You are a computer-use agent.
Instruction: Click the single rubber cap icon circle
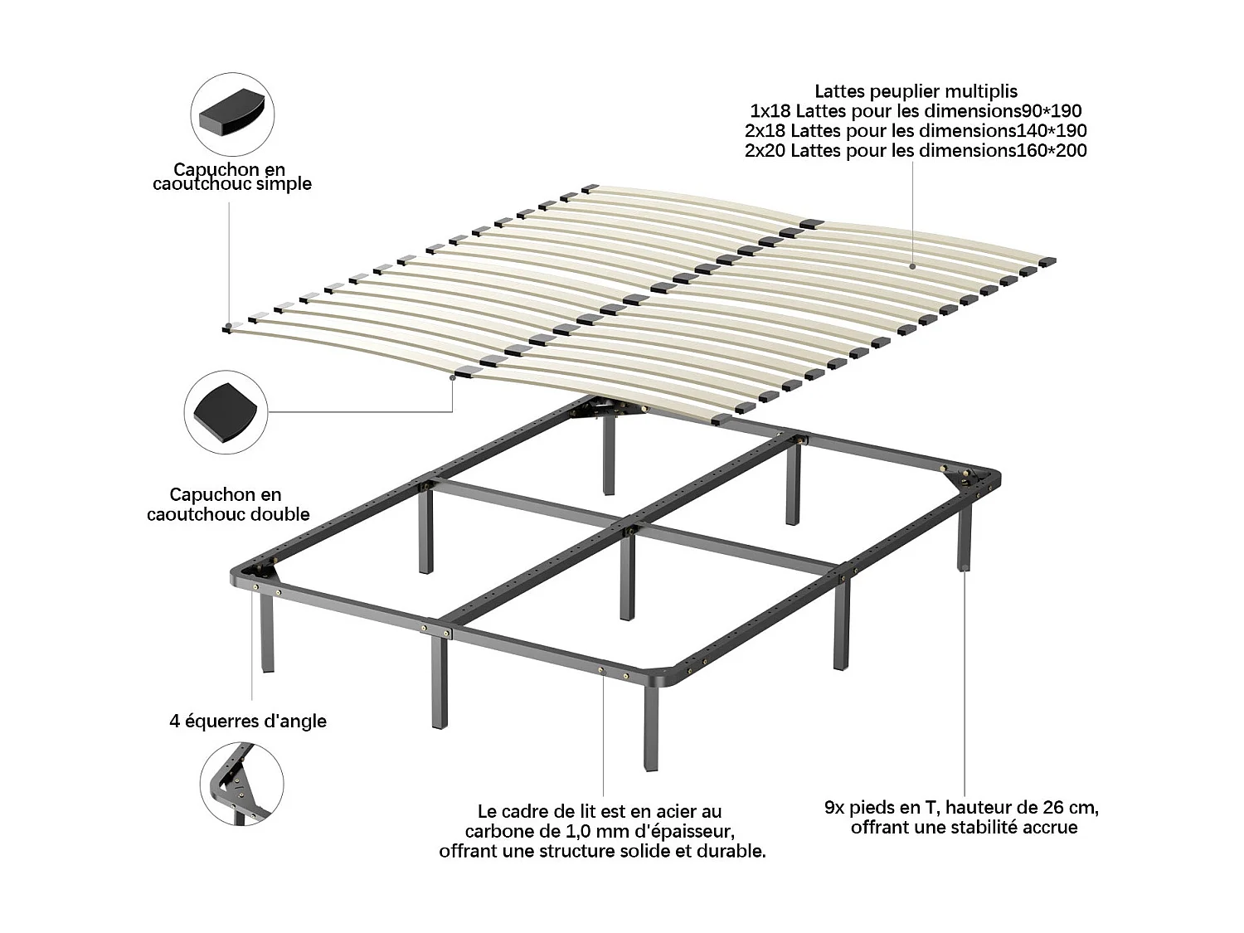[x=232, y=114]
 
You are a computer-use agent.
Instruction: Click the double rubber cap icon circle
[x=226, y=412]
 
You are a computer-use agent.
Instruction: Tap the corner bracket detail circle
[x=241, y=784]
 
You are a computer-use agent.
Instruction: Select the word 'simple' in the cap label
[x=284, y=184]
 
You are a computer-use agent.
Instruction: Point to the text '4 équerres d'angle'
[x=248, y=722]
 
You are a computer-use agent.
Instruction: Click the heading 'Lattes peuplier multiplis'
[x=916, y=91]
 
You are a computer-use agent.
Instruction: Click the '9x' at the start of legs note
[x=834, y=807]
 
